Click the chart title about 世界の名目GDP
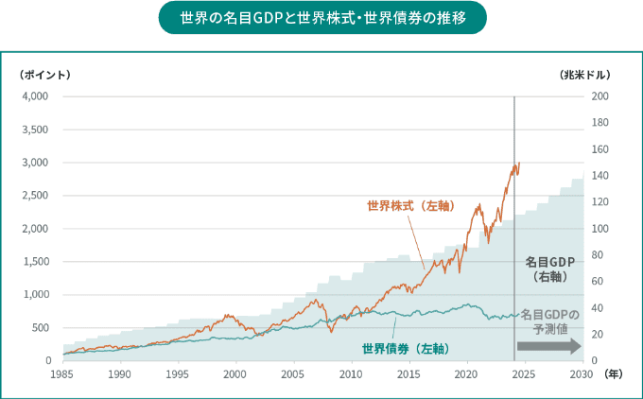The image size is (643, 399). [x=321, y=18]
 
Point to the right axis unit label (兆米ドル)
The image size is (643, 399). [x=584, y=75]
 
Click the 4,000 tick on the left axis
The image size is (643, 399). [x=36, y=96]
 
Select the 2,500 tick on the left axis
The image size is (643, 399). [x=36, y=196]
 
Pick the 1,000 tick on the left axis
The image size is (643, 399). [x=36, y=295]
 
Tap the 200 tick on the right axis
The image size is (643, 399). [x=600, y=96]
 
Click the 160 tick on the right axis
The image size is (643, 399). [x=600, y=149]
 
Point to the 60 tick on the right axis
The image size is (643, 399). [x=600, y=282]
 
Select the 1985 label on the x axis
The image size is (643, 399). [x=62, y=374]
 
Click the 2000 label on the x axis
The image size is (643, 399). [x=235, y=374]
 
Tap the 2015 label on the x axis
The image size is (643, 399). [x=408, y=374]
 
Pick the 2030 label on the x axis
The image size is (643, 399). [x=582, y=374]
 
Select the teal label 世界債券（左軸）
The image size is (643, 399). [x=404, y=349]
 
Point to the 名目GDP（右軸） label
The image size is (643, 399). [x=549, y=269]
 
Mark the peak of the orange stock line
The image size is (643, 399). [x=518, y=163]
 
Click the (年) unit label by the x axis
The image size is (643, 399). [x=615, y=374]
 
